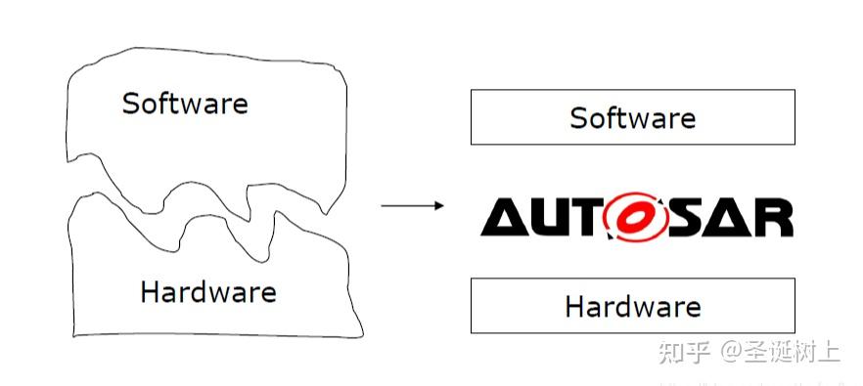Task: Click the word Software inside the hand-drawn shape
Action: [184, 103]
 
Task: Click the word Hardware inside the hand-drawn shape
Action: [207, 291]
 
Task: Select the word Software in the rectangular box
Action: [632, 118]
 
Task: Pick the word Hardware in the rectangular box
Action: [632, 306]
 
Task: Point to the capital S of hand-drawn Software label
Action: [130, 103]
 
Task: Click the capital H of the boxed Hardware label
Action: [574, 306]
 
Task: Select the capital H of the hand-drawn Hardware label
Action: [150, 291]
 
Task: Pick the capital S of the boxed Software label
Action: [578, 118]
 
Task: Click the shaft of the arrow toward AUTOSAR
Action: [406, 205]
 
